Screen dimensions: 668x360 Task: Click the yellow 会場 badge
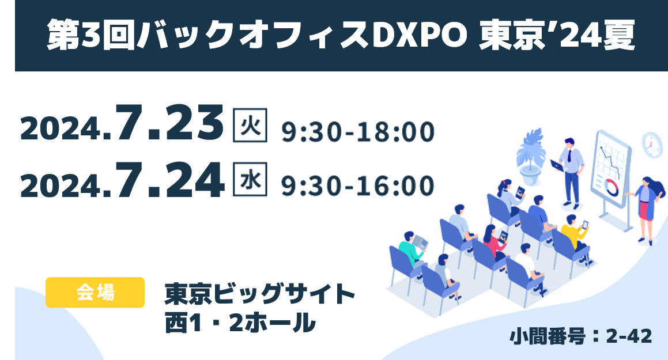[95, 293]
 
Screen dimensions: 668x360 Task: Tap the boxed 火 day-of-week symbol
[250, 125]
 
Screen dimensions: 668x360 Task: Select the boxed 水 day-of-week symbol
[250, 179]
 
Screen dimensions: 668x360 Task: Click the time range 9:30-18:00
[358, 131]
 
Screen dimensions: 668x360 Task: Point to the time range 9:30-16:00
[358, 186]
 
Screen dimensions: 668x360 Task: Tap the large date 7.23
[169, 123]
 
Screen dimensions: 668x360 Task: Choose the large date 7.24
[169, 180]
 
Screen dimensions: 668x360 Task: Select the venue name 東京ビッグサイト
[260, 294]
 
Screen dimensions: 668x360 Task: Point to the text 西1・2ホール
[240, 322]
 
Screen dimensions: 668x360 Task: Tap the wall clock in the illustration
[652, 145]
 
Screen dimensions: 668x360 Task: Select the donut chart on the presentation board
[612, 186]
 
